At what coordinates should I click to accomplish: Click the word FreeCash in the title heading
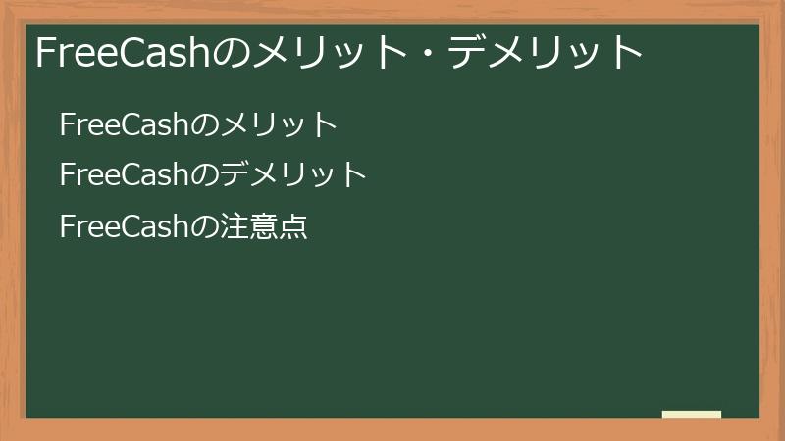(x=123, y=53)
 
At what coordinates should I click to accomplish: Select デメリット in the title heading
(x=545, y=53)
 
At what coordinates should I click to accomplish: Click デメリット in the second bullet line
(x=293, y=175)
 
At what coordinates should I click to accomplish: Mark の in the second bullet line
(x=203, y=176)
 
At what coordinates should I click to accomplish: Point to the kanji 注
(x=235, y=227)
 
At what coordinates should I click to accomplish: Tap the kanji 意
(x=264, y=227)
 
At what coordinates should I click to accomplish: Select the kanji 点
(x=293, y=227)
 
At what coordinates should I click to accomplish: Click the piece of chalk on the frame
(x=692, y=415)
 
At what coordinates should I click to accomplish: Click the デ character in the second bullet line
(x=235, y=175)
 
